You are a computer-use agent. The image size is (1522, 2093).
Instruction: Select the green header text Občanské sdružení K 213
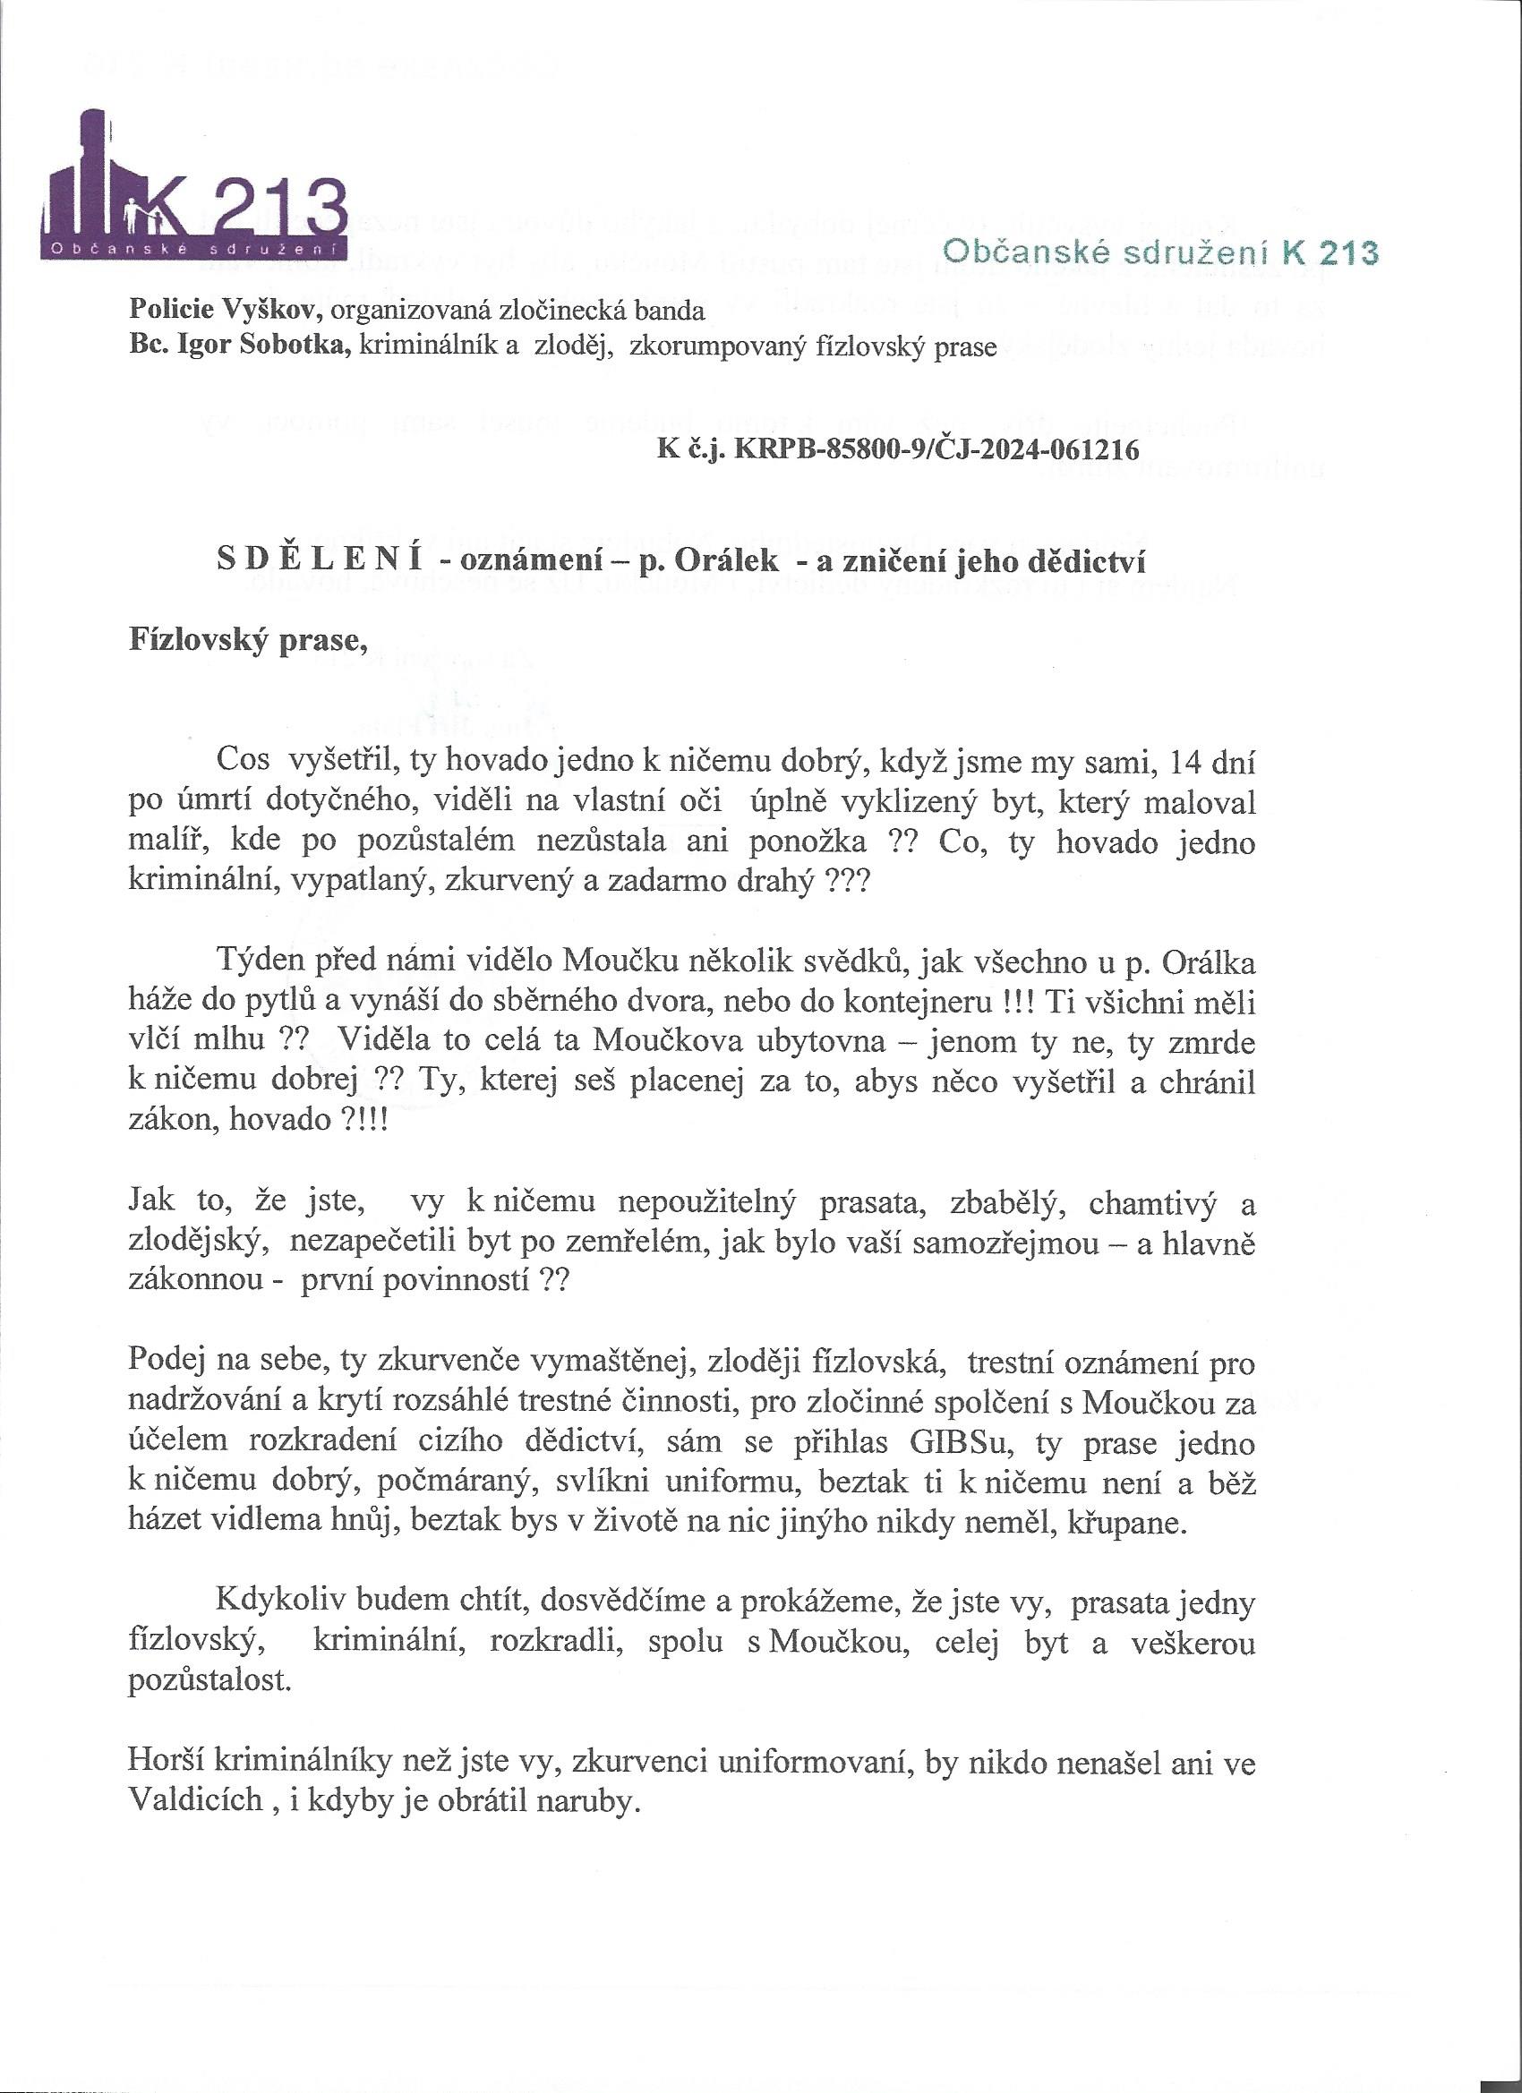pos(1159,252)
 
